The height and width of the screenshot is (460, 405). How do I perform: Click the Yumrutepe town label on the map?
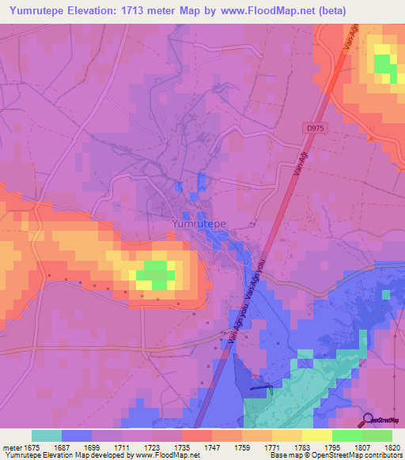pyautogui.click(x=199, y=224)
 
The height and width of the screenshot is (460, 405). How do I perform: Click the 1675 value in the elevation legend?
pyautogui.click(x=32, y=448)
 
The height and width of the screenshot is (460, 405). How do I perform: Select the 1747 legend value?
pyautogui.click(x=211, y=448)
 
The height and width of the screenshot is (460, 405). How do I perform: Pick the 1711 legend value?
pyautogui.click(x=121, y=448)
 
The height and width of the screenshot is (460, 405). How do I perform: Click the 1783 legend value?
pyautogui.click(x=302, y=448)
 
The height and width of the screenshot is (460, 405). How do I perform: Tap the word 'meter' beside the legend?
pyautogui.click(x=12, y=448)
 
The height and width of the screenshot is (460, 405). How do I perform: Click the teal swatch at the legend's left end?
pyautogui.click(x=47, y=435)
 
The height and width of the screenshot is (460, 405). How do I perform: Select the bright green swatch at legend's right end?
pyautogui.click(x=377, y=435)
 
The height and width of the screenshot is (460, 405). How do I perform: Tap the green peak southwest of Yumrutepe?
pyautogui.click(x=155, y=275)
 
